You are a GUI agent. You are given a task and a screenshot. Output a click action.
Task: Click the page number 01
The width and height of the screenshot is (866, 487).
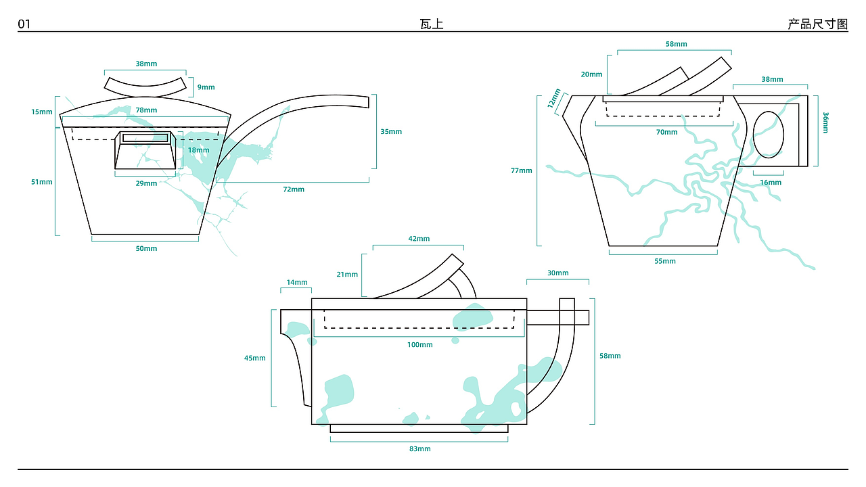pyautogui.click(x=24, y=24)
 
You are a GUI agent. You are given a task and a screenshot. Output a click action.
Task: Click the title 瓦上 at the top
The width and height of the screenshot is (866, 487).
pyautogui.click(x=432, y=24)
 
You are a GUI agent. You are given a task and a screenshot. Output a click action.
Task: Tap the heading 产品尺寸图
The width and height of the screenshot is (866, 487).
pyautogui.click(x=818, y=24)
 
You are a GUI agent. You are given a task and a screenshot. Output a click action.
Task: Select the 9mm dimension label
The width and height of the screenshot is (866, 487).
pyautogui.click(x=206, y=87)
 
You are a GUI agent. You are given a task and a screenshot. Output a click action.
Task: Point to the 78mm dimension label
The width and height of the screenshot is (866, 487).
pyautogui.click(x=146, y=110)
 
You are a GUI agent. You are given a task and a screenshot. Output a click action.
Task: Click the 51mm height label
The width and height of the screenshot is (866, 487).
pyautogui.click(x=42, y=182)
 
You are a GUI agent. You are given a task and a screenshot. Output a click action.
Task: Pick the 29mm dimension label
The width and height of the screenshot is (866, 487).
pyautogui.click(x=146, y=183)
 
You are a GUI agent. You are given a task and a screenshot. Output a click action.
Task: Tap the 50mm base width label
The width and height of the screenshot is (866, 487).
pyautogui.click(x=146, y=248)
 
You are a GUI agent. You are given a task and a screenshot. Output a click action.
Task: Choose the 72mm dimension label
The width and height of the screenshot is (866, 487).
pyautogui.click(x=294, y=189)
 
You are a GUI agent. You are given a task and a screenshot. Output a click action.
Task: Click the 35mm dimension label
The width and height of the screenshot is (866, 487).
pyautogui.click(x=391, y=132)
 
